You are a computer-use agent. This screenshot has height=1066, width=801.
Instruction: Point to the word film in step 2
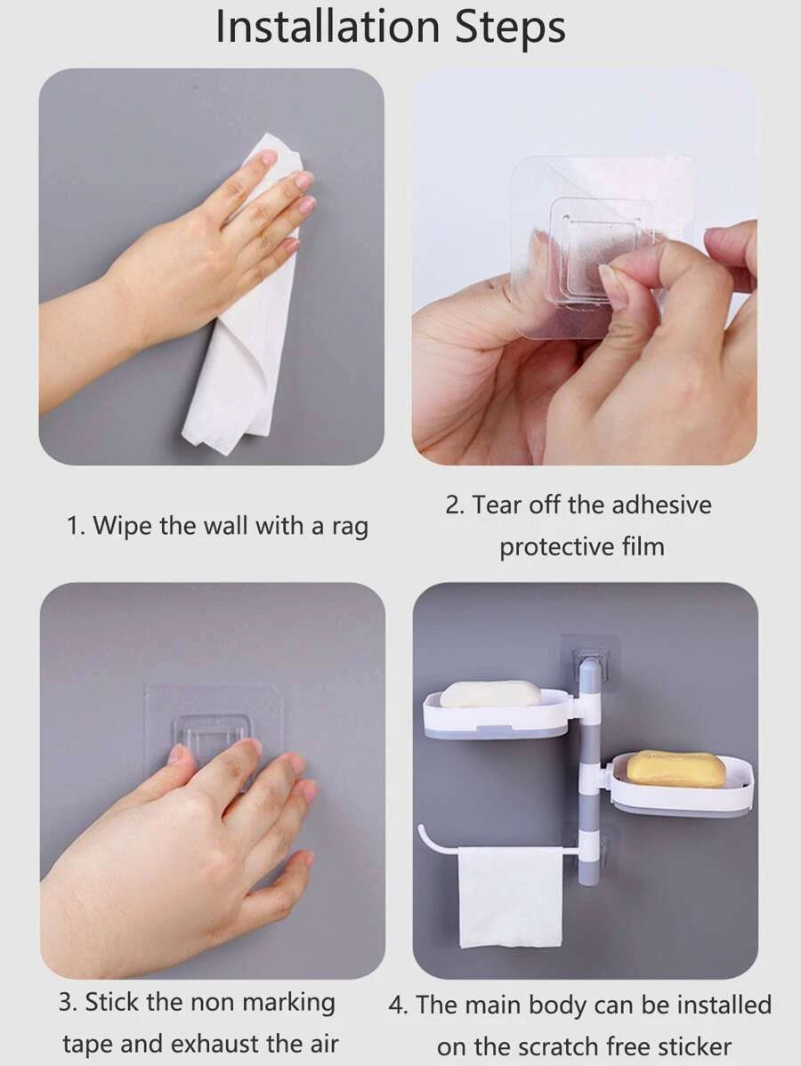point(643,546)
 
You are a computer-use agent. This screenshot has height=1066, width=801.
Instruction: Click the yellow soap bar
point(676,769)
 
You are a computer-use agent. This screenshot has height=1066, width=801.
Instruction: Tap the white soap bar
point(490,694)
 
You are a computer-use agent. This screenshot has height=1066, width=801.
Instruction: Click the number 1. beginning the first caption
point(77,526)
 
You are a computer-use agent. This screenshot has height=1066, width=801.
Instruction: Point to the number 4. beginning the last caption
point(400,1005)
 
